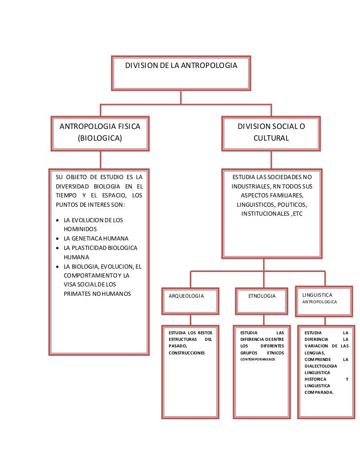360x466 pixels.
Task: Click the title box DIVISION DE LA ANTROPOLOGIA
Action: coord(181,73)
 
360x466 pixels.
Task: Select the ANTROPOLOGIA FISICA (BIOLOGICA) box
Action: coord(99,133)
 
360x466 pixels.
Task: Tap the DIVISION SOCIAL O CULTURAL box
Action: coord(271,133)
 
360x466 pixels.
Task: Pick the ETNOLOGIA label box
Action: coord(262,300)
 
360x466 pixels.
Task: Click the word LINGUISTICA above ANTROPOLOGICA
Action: coord(317,295)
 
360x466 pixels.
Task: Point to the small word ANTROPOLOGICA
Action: coord(320,302)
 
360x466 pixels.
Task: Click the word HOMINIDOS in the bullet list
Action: coord(80,229)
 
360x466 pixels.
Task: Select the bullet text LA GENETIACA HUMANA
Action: coord(96,238)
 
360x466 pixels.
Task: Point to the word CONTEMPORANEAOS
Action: coord(258,360)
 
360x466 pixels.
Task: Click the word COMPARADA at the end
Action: coord(318,393)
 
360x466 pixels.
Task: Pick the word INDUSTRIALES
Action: coord(250,186)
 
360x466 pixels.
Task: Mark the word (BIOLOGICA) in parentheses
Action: coord(99,138)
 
